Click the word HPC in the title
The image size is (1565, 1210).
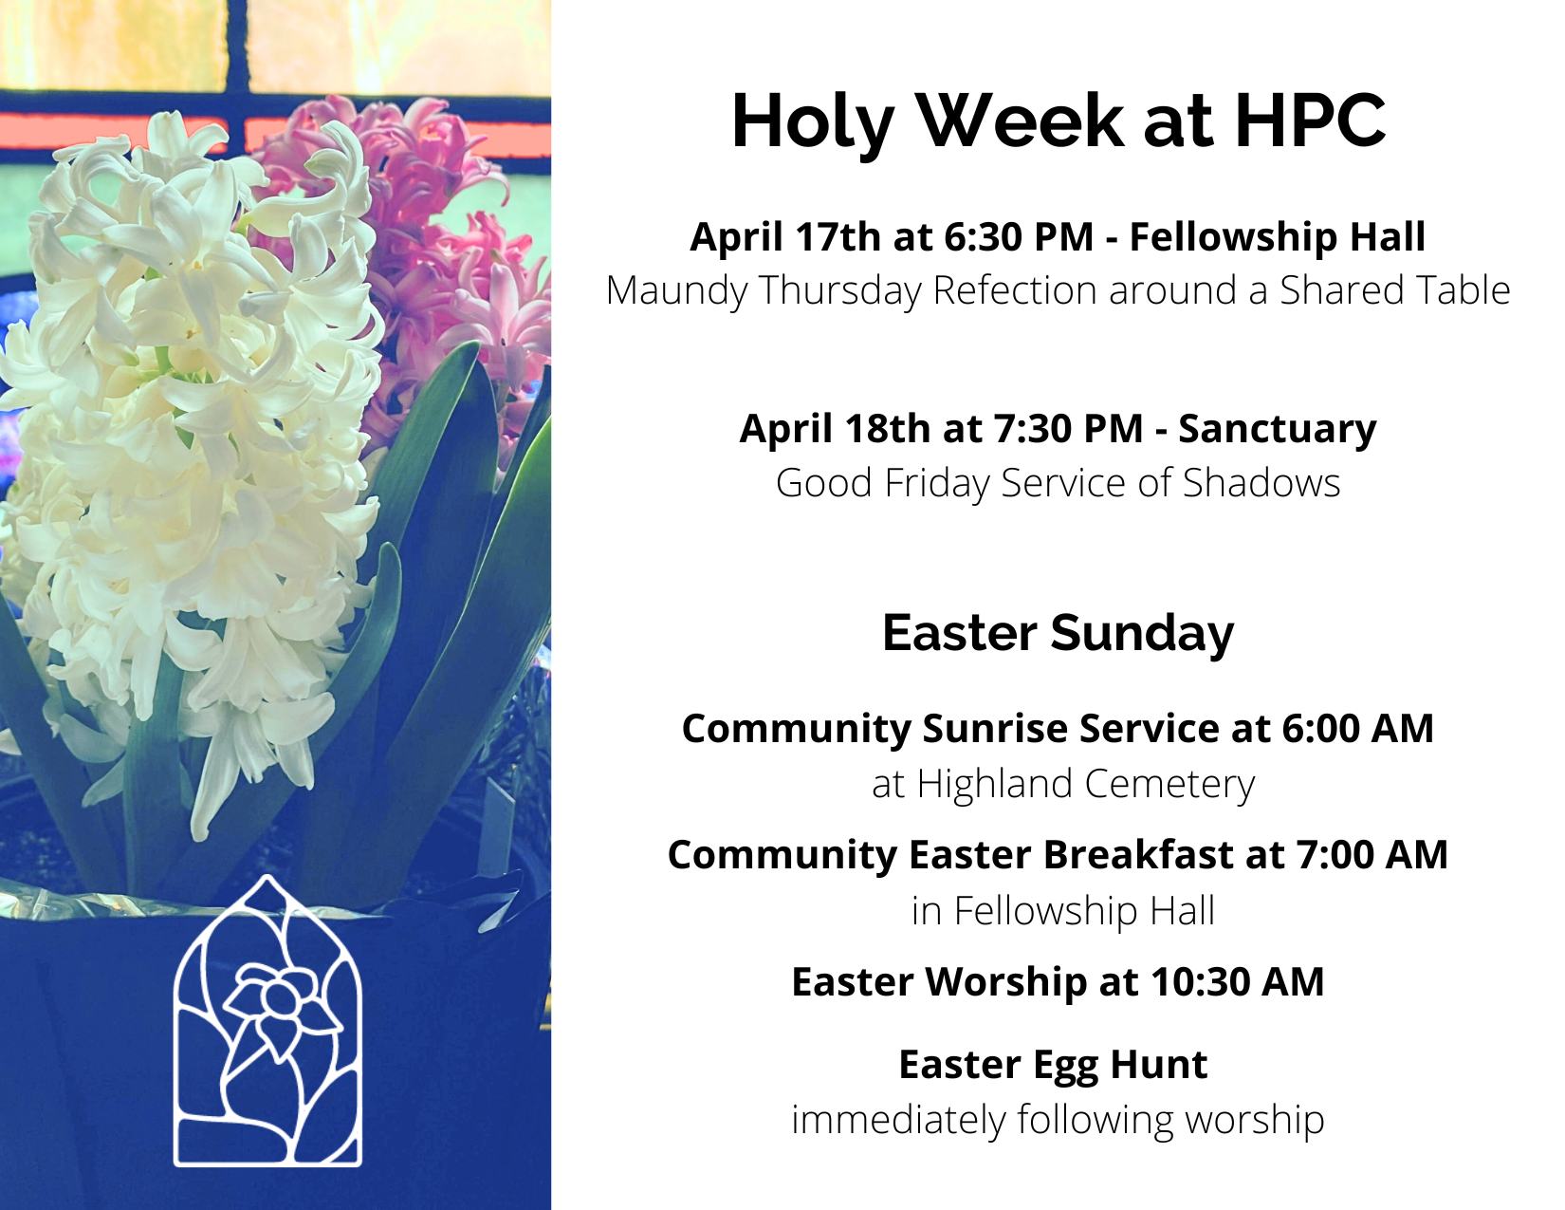1310,121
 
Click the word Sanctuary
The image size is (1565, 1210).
1277,429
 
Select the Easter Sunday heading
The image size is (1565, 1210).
1058,633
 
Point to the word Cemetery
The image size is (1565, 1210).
1169,785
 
